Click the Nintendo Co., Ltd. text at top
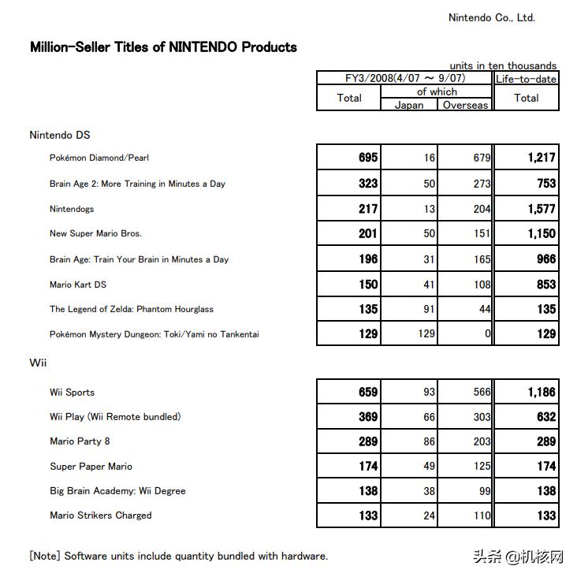(491, 17)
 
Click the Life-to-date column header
(526, 79)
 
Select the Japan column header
(408, 105)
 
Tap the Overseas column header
(465, 105)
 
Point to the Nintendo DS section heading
(60, 135)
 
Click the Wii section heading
(37, 363)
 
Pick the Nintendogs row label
(72, 209)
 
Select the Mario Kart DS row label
(78, 284)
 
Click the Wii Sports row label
(72, 392)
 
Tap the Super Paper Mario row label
(91, 466)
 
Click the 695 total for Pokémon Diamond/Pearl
(368, 158)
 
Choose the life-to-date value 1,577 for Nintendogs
(542, 209)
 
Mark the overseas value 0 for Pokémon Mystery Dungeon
(488, 334)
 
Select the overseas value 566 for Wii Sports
(482, 392)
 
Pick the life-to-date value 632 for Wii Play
(546, 417)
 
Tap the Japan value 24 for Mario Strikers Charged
(429, 516)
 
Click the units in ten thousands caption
(503, 65)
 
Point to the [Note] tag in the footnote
(44, 556)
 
